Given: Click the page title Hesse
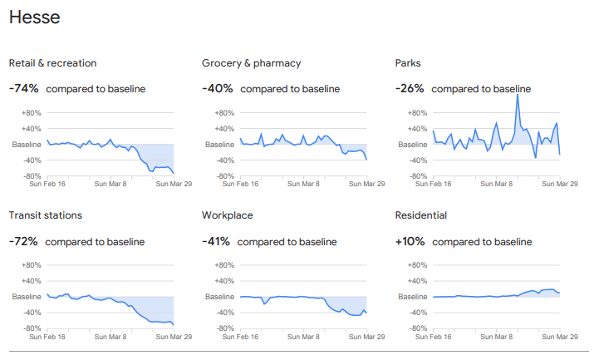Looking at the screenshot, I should tap(34, 17).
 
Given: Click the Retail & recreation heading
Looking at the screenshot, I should tap(52, 63).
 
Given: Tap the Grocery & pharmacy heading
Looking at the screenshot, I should tap(251, 63).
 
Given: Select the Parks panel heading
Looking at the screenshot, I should tap(409, 63).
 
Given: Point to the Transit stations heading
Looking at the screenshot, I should tap(45, 215).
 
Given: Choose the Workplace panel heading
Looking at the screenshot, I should tap(227, 215).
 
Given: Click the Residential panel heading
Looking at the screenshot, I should tap(421, 215).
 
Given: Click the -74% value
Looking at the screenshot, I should tap(23, 89).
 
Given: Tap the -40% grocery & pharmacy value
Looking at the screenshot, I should tap(217, 89).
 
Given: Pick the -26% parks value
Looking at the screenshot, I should tap(410, 89).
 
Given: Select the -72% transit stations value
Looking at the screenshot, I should tap(23, 241).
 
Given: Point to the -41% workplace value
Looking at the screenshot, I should tap(217, 241).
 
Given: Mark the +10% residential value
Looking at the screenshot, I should tap(410, 241).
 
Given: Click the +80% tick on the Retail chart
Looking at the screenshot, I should tap(31, 113).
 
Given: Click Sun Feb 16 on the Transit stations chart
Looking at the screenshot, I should tap(48, 337).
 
